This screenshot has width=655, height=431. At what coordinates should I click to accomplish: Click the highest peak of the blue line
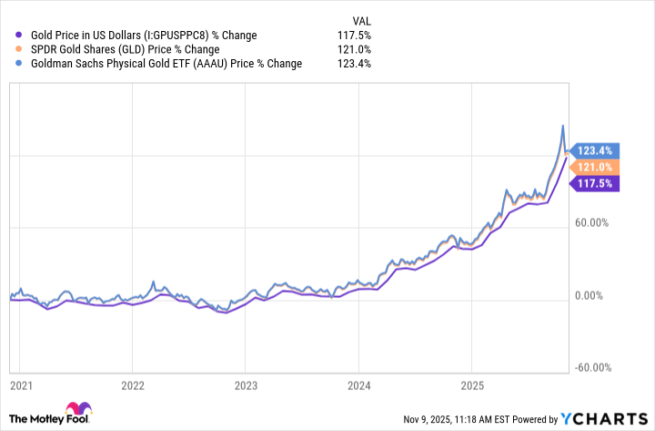(562, 125)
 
